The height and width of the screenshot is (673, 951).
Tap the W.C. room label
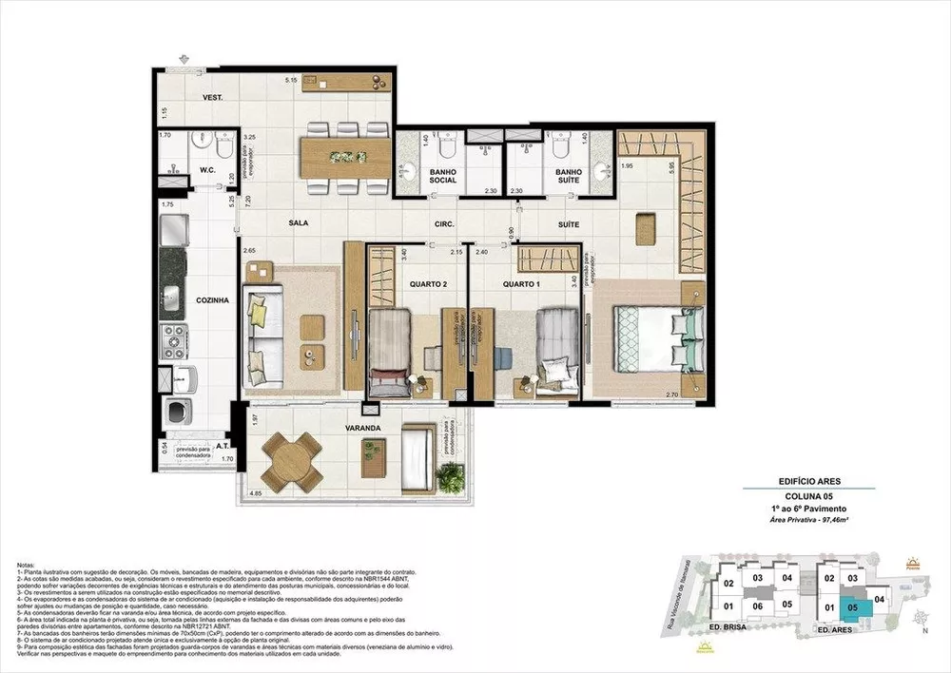click(209, 171)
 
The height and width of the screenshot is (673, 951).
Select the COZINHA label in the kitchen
click(212, 300)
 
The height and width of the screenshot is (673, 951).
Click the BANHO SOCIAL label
click(444, 177)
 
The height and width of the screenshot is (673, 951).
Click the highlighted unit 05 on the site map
click(852, 605)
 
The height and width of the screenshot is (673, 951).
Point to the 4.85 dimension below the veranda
click(256, 494)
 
